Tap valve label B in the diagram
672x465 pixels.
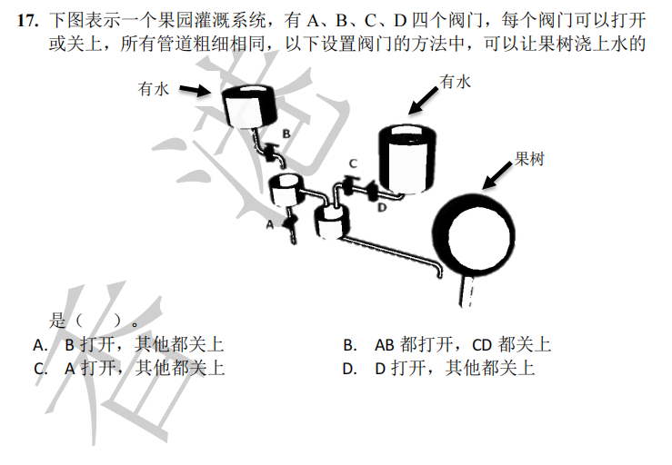[286, 134]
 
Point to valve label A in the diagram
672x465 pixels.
[270, 223]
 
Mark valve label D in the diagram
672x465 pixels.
[382, 208]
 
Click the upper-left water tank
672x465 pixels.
[246, 108]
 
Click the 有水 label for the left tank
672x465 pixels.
[154, 88]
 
